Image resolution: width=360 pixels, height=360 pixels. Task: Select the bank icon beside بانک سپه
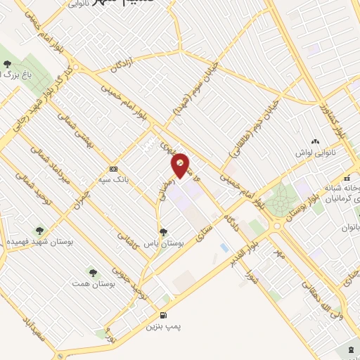click(x=113, y=169)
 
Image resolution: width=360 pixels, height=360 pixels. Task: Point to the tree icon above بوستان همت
click(x=91, y=271)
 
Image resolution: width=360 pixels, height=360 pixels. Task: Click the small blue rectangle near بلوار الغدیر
click(x=224, y=247)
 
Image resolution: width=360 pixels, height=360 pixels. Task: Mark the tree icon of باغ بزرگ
click(x=7, y=72)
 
